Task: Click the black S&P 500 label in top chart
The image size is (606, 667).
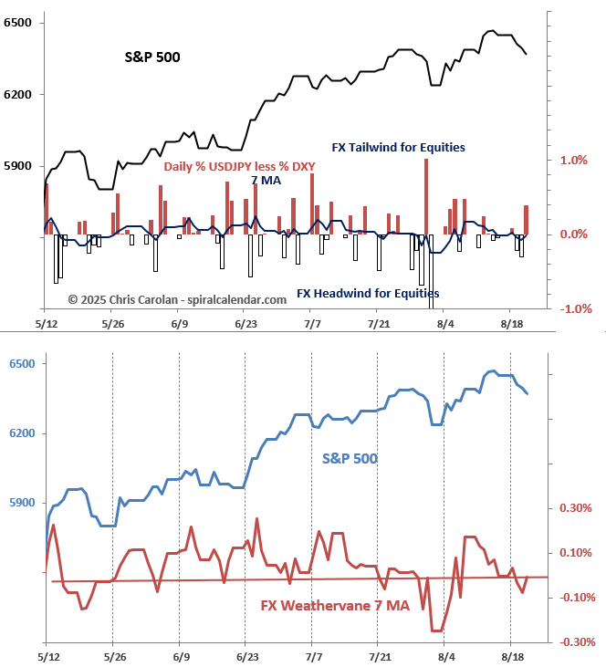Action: coord(151,57)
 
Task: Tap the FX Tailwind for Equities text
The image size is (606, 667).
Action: coord(398,147)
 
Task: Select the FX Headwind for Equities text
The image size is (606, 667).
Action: coord(368,294)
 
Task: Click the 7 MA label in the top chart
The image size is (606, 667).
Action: coord(266,180)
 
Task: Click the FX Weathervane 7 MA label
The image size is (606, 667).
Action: coord(335,606)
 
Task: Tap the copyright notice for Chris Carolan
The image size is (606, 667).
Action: coord(165,299)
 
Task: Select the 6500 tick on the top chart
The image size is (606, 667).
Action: coord(18,22)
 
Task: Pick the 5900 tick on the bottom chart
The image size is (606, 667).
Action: coord(18,503)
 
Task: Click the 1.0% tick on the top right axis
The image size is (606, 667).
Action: coord(572,161)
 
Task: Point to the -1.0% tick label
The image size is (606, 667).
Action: coord(570,309)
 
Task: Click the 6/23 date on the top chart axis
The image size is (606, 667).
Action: coord(246,324)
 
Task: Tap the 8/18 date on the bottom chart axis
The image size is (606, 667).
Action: coord(512,657)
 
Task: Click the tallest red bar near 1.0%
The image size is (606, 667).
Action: coord(426,196)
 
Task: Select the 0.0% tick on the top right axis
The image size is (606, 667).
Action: coord(572,234)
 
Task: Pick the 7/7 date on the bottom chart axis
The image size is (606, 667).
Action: coord(313,657)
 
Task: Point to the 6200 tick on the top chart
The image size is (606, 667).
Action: coord(18,94)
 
